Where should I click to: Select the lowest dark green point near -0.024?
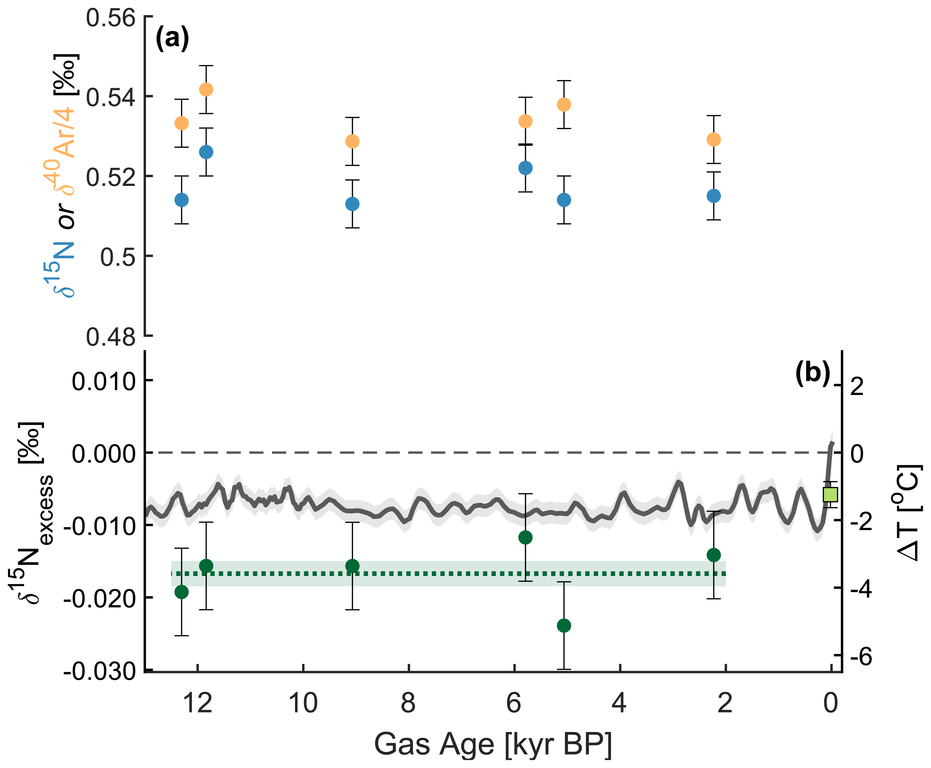(x=564, y=625)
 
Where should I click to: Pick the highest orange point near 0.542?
(x=206, y=89)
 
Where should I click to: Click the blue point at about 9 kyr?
(x=352, y=204)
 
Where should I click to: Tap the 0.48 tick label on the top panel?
(x=111, y=337)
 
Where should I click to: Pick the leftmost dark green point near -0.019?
(x=181, y=592)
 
